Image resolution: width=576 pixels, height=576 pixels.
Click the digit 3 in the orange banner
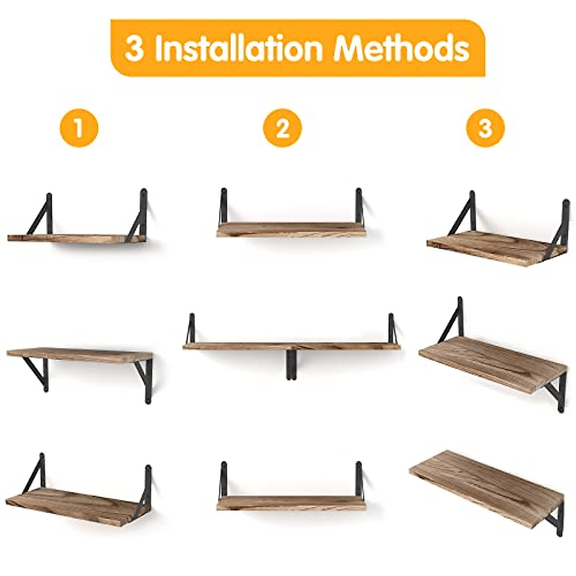coord(134,49)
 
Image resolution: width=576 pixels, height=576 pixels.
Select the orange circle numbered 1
coord(79,128)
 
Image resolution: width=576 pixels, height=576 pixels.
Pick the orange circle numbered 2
coord(283,128)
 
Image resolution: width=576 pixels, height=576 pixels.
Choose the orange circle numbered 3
coord(485,128)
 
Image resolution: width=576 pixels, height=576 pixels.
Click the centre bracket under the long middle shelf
coord(291,365)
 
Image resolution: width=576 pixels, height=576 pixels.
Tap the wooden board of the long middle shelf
coord(291,346)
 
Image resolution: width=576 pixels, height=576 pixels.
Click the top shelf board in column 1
coord(77,238)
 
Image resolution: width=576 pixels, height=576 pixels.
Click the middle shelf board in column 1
coord(79,355)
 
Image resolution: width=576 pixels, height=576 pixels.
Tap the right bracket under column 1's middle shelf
coord(146,379)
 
